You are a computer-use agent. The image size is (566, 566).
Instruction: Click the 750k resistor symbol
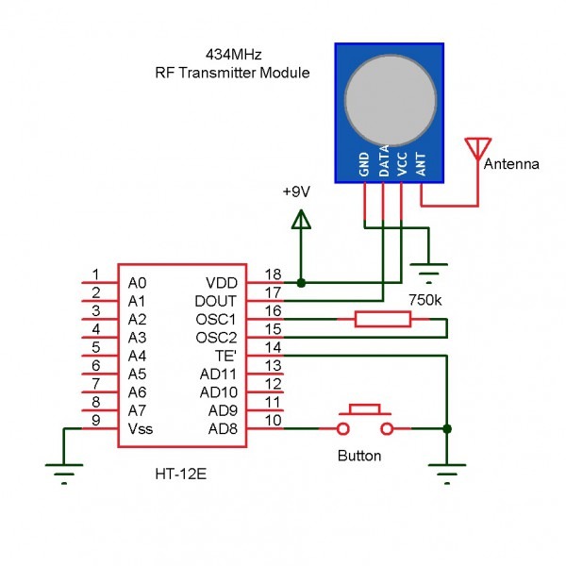coord(382,320)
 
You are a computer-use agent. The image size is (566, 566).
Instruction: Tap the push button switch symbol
coord(364,422)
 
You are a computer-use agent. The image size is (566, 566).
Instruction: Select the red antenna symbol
coord(477,149)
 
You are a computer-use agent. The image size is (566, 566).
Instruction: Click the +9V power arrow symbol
coord(301,221)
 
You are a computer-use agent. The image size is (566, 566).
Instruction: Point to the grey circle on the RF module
coord(391,99)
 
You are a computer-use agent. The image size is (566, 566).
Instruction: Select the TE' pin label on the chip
coord(227,356)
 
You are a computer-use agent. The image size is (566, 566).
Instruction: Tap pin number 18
coord(273,274)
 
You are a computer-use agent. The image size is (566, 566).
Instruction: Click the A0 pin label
coord(137,283)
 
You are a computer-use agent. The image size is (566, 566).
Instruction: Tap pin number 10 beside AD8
coord(273,420)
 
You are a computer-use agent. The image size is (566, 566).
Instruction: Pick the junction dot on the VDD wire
coord(301,282)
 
